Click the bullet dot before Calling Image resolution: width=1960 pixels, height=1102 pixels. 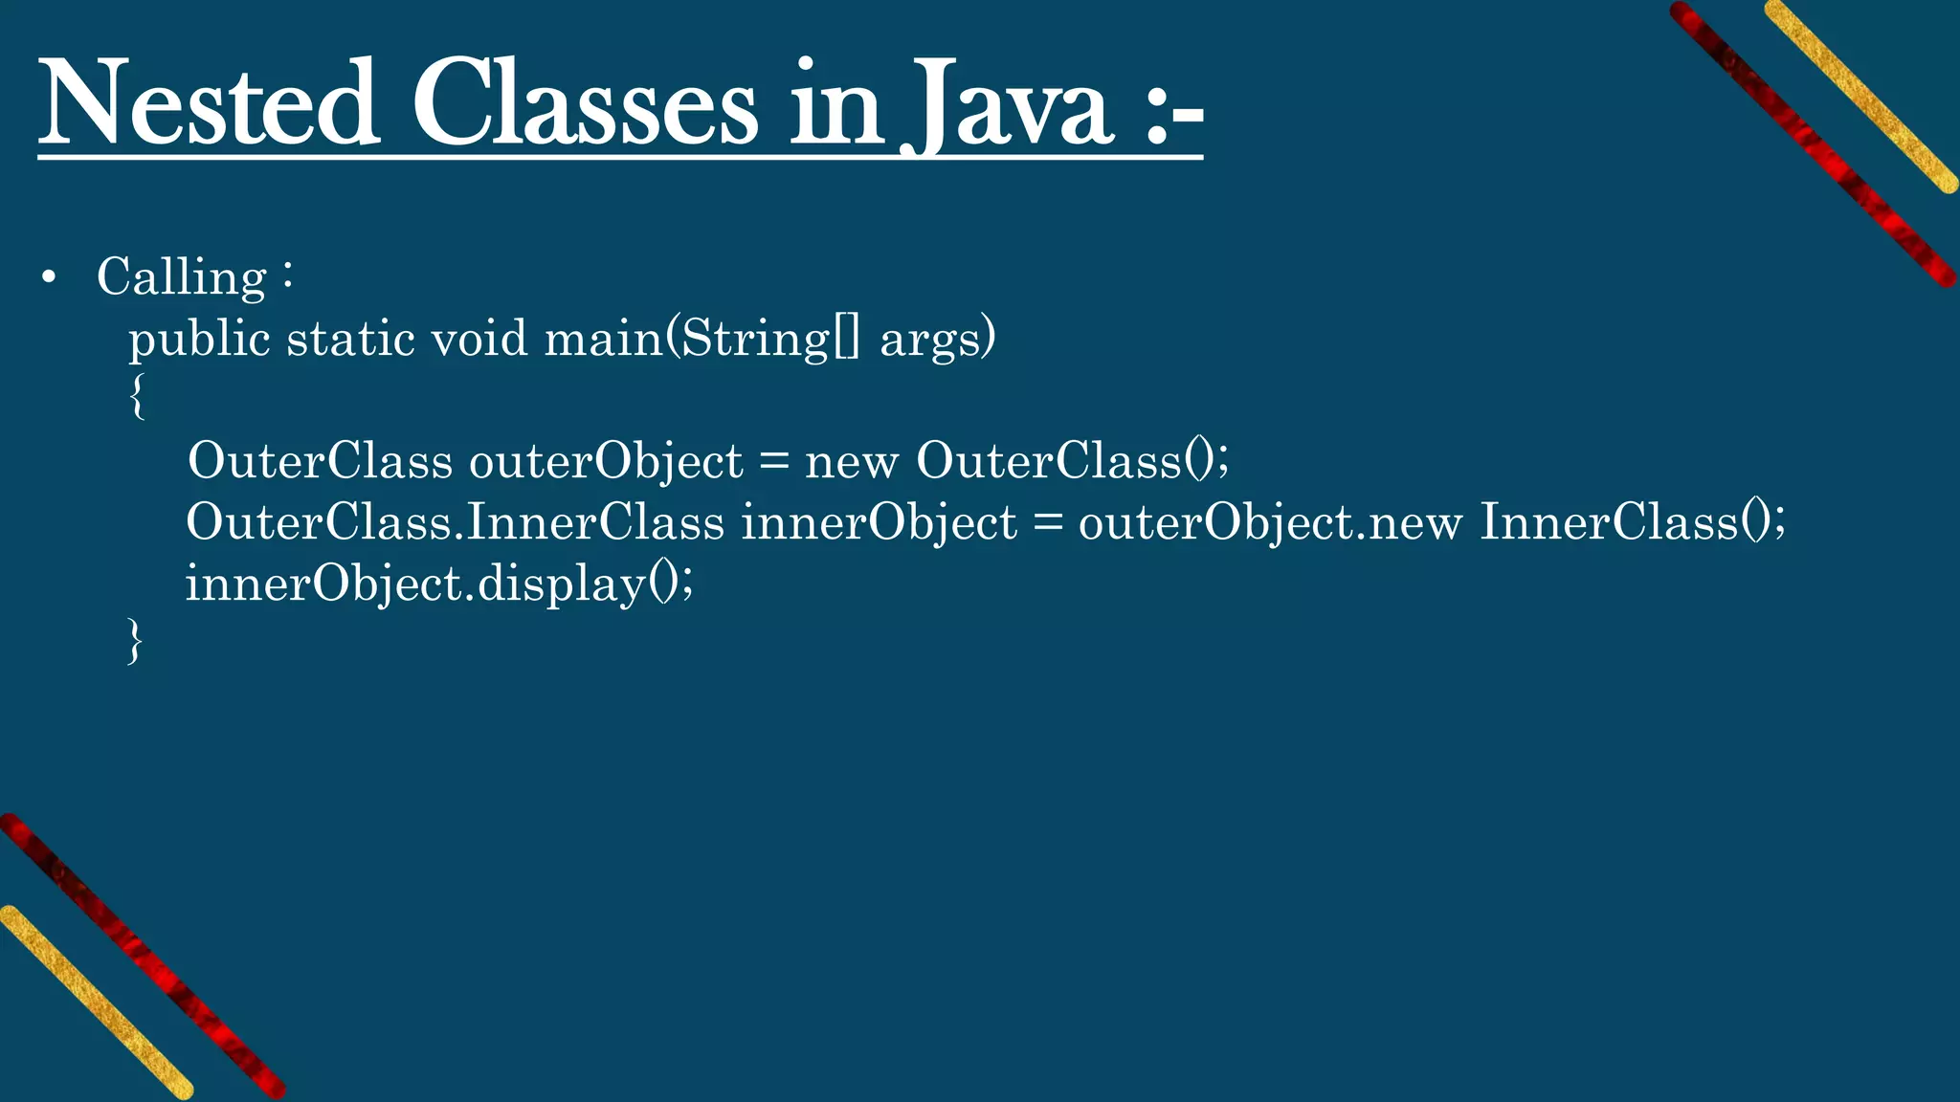(x=50, y=278)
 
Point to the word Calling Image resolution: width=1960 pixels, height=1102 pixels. (x=182, y=278)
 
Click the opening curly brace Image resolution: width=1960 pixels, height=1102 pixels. (x=138, y=396)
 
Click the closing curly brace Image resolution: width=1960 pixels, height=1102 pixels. (x=135, y=640)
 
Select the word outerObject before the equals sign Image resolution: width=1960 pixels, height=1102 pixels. (x=606, y=462)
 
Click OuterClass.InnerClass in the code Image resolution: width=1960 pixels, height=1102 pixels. (x=456, y=522)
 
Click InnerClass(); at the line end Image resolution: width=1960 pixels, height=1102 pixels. (x=1633, y=522)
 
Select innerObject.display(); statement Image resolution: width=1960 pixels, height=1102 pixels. (x=439, y=584)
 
